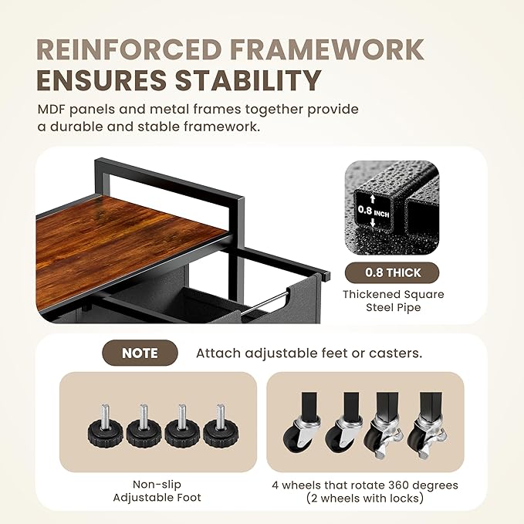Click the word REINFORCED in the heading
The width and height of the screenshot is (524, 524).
129,49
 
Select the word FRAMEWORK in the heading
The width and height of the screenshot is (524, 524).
327,49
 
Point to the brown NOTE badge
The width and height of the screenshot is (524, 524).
140,353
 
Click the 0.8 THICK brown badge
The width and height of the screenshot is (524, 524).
392,272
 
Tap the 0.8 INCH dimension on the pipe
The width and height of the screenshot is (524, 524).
374,211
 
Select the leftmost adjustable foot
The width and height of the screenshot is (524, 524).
106,427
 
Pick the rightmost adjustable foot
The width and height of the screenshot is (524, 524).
221,427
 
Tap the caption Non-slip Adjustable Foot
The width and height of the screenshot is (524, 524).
157,491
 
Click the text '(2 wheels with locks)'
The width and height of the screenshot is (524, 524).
365,499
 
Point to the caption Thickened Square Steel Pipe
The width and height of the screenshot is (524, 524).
394,301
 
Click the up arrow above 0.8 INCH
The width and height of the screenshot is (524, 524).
373,199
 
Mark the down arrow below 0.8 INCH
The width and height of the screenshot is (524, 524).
373,222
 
